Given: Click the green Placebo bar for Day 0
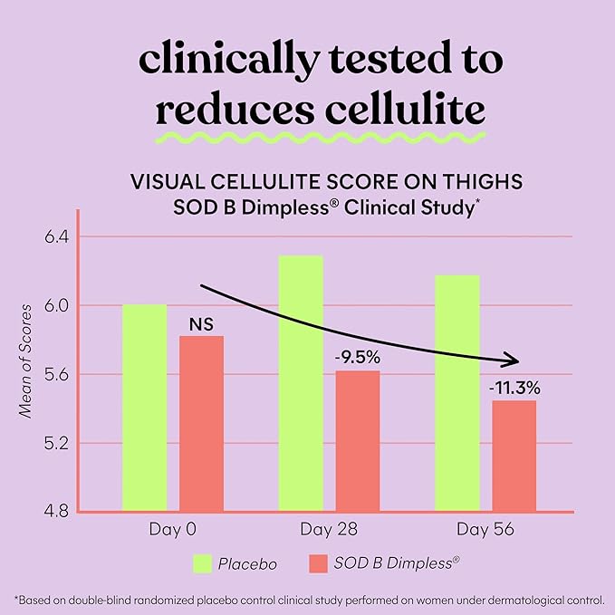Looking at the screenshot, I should [145, 408].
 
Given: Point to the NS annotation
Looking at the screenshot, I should [201, 322].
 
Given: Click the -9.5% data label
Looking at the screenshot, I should [357, 358].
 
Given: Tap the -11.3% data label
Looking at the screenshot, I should [514, 388].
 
